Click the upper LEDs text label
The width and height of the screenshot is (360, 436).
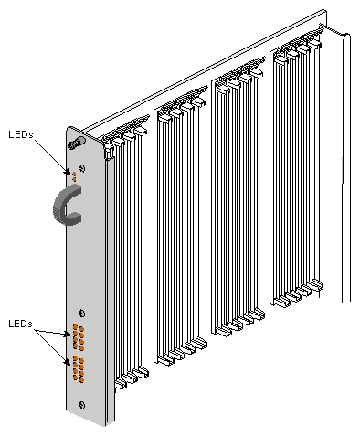19,133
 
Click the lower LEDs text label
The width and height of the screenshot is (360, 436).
19,324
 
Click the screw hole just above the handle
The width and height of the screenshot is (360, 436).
82,167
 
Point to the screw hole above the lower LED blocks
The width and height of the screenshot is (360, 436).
82,313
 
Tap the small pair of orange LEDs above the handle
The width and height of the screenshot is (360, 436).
75,174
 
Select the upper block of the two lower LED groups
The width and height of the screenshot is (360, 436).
79,337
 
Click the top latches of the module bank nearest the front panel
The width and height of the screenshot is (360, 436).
126,138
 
